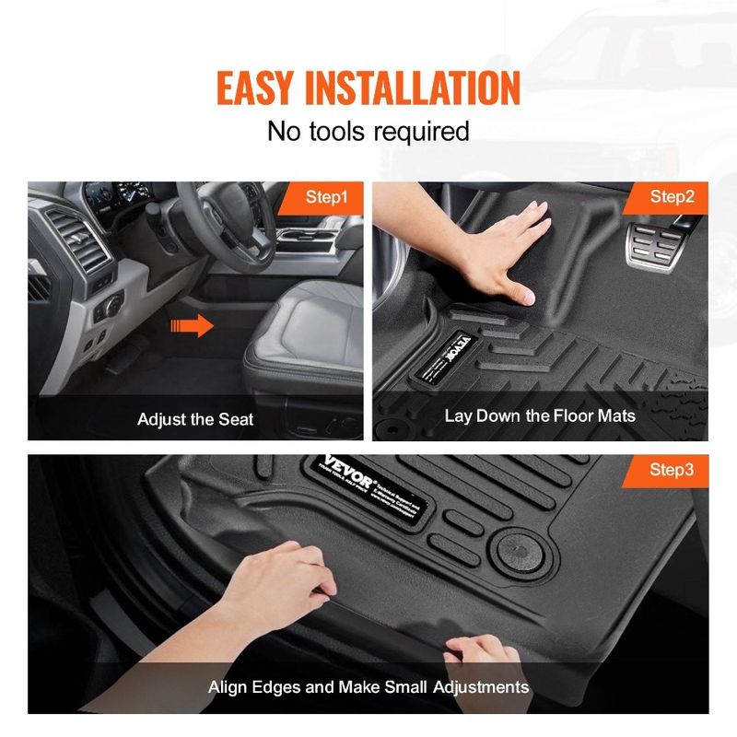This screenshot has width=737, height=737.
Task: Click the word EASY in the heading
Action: (260, 87)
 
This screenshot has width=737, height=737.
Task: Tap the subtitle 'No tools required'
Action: (368, 131)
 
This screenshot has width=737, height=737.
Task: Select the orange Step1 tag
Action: (326, 197)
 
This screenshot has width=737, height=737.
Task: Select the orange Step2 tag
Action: (672, 197)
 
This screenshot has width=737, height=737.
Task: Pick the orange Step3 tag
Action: (672, 470)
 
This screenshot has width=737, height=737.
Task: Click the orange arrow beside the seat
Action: (192, 324)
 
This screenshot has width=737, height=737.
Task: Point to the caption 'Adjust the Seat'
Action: (195, 419)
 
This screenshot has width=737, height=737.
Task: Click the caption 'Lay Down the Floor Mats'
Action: (540, 415)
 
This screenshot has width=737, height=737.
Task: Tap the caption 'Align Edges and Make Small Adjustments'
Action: (368, 686)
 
